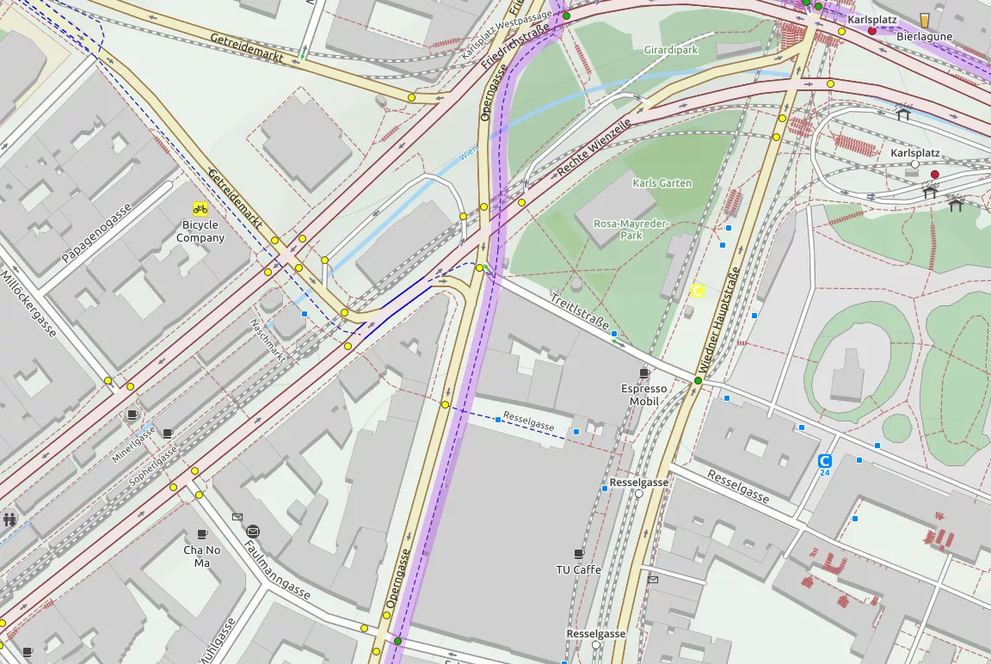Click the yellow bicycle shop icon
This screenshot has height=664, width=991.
(200, 208)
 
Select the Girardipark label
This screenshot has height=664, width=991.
(670, 50)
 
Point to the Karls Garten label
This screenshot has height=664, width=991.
(662, 183)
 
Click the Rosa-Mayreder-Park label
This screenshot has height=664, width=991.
(631, 229)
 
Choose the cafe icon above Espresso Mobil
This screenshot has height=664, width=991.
(644, 372)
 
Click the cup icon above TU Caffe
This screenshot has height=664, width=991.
(579, 553)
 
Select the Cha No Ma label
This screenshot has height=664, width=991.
(202, 556)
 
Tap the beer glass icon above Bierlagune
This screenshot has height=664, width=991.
(925, 20)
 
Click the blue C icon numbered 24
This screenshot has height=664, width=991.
(825, 461)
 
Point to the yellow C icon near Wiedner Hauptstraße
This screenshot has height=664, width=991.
(698, 292)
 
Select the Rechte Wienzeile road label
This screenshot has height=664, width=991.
(594, 148)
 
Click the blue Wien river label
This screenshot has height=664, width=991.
(469, 152)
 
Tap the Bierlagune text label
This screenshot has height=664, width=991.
(925, 37)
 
